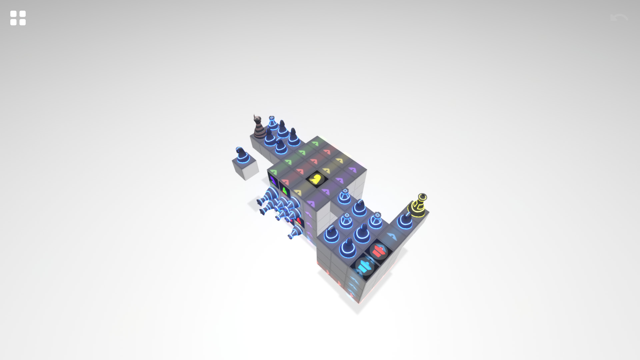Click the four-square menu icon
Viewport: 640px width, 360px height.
[x=18, y=18]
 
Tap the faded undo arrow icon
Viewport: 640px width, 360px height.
[x=619, y=18]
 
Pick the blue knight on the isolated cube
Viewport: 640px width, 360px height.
[x=242, y=155]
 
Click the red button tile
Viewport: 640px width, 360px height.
[x=379, y=251]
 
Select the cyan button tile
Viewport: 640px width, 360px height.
[x=364, y=267]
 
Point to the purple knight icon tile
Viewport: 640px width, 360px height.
[x=273, y=181]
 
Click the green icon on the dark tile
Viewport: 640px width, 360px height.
[x=285, y=191]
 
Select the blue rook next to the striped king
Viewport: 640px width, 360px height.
[x=272, y=123]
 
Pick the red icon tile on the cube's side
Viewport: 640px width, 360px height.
[x=299, y=221]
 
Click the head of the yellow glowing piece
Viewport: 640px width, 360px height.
[x=422, y=197]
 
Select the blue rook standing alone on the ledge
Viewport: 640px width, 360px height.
[x=344, y=197]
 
